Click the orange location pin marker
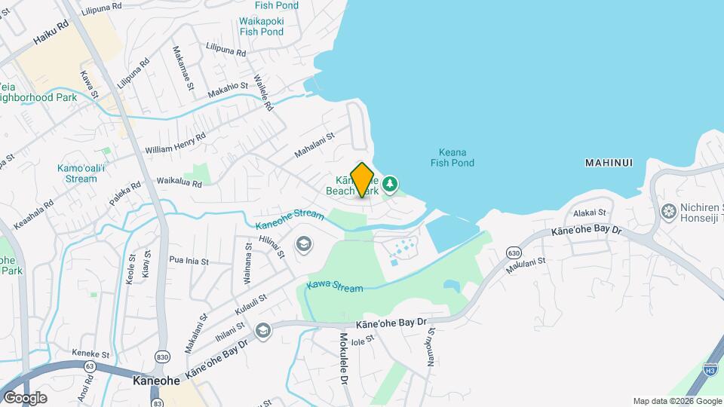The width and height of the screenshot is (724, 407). click(x=363, y=179)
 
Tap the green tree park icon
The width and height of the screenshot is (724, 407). click(x=390, y=184)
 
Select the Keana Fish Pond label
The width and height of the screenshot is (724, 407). click(x=452, y=157)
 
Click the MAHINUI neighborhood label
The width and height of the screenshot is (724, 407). click(x=608, y=163)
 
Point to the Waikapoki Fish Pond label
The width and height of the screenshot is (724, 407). click(x=261, y=26)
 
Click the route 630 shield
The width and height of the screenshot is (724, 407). click(x=514, y=252)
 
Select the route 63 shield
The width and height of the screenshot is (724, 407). click(x=90, y=367)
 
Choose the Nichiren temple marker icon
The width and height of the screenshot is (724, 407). click(x=668, y=212)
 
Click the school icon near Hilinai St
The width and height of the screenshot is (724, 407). click(x=303, y=245)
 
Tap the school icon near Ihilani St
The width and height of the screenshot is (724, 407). click(x=262, y=331)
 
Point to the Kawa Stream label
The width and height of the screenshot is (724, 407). click(x=334, y=287)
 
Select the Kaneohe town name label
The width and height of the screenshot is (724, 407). click(x=156, y=381)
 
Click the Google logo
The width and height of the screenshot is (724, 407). click(x=25, y=398)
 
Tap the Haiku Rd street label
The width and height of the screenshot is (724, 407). click(x=51, y=35)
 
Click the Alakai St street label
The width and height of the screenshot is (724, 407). click(x=590, y=213)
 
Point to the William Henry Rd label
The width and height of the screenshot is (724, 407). click(x=175, y=143)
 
